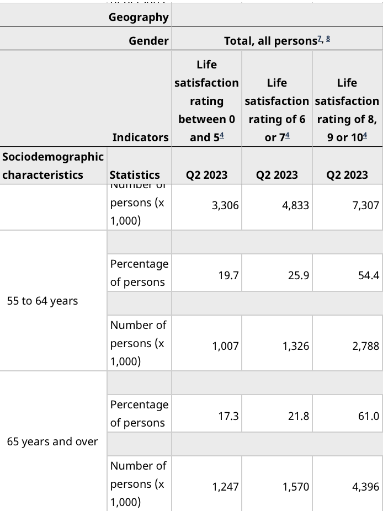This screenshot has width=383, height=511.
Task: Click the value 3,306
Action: pos(225,206)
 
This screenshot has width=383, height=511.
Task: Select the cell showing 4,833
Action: pos(295,206)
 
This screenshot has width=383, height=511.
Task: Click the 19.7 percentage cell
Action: pos(228,274)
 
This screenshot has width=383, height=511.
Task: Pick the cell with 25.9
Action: pos(299,274)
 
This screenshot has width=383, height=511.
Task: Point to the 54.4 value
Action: pos(369,274)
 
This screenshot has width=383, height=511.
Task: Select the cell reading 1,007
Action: pos(225,347)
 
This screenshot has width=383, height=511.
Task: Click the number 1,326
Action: pos(295,347)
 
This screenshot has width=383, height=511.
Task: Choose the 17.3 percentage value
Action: pos(228,416)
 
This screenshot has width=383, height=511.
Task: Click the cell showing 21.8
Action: pos(299,416)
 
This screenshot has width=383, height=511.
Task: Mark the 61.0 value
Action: pos(369,416)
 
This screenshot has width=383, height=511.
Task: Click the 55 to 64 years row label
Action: pos(42,301)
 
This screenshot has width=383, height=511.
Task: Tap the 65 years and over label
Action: pos(52,442)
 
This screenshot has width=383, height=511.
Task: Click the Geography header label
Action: pos(139,17)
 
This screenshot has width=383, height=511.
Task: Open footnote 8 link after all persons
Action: pos(328,40)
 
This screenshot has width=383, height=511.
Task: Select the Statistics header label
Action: pos(135,175)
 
